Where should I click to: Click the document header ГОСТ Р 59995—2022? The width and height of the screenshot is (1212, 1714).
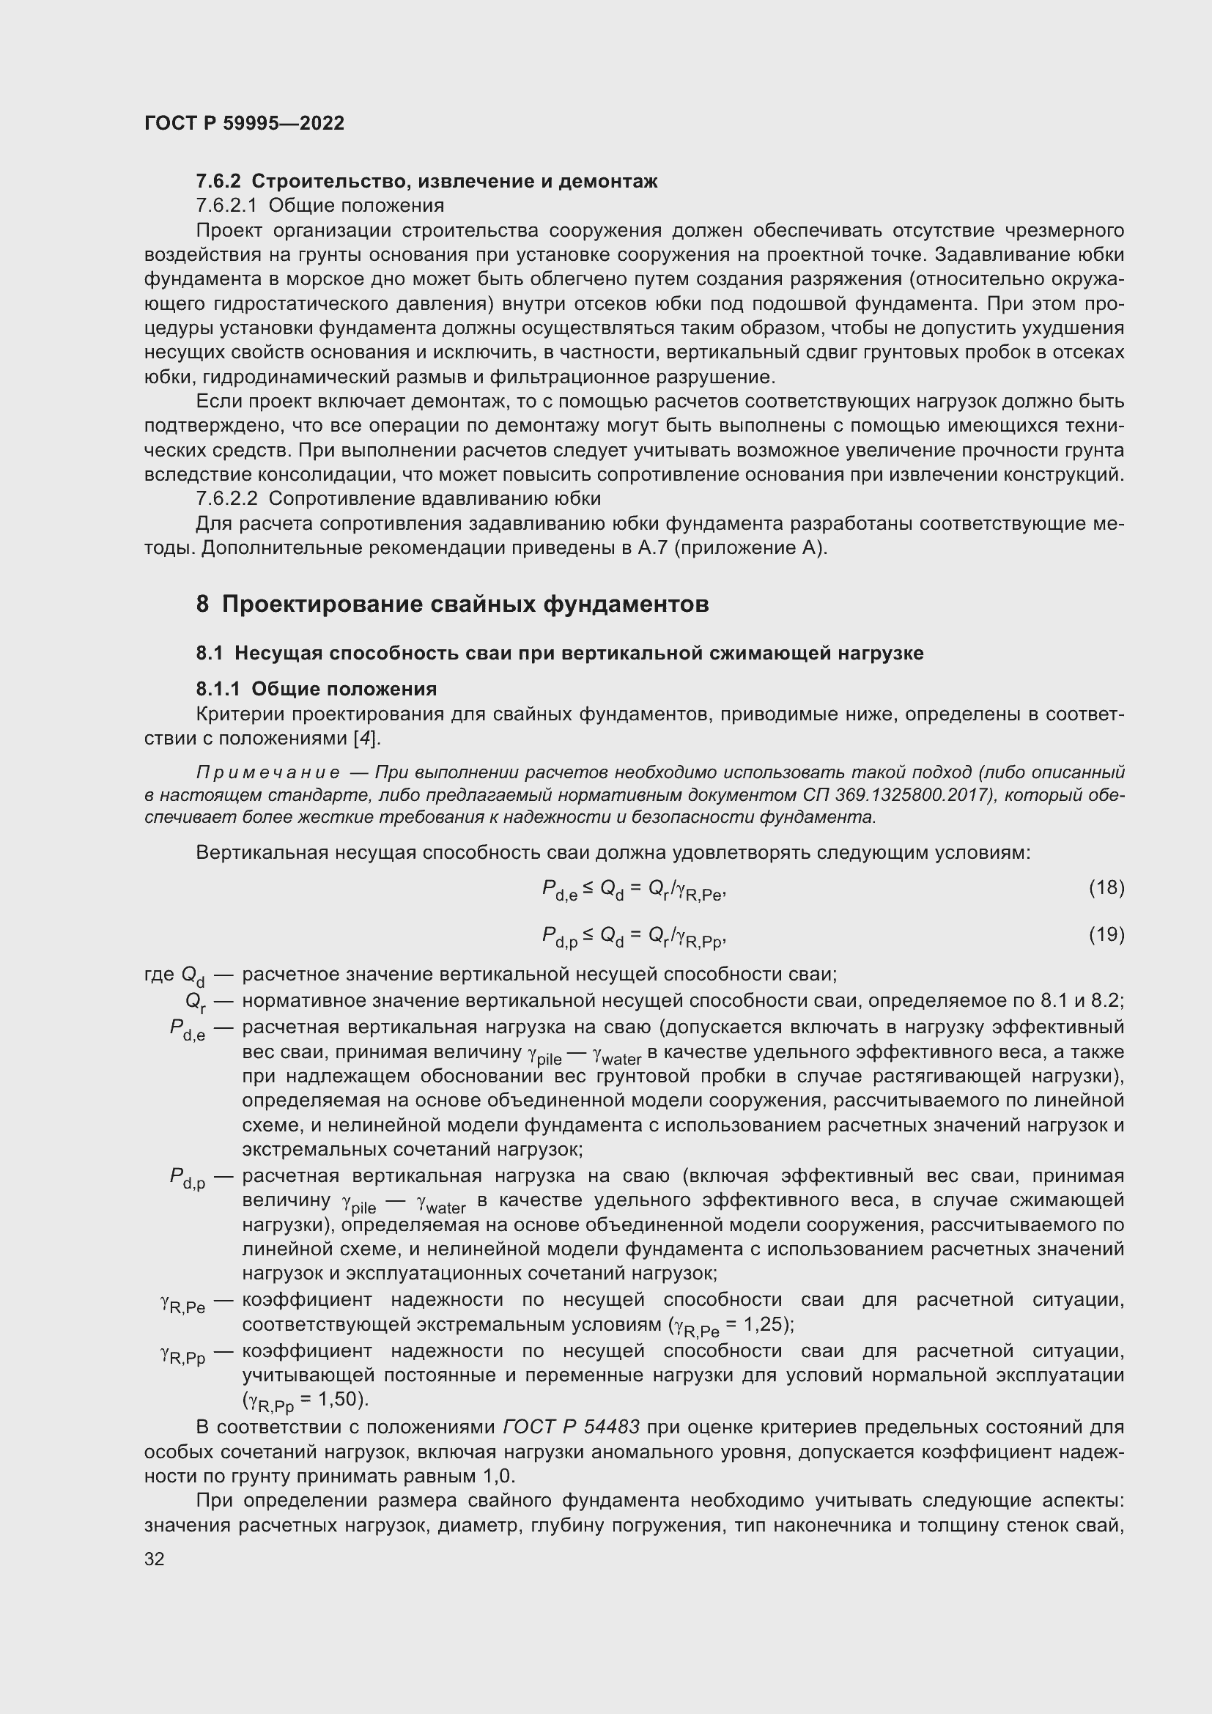[244, 123]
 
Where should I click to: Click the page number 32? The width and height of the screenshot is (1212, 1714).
[155, 1559]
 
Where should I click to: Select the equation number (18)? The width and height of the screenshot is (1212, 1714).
[1106, 887]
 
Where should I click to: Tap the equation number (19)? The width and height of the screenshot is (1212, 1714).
[1106, 934]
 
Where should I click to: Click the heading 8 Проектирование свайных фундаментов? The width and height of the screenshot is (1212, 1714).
[452, 604]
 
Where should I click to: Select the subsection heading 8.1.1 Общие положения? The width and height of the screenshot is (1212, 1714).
[317, 688]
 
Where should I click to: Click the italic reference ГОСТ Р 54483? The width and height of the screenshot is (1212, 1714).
[571, 1427]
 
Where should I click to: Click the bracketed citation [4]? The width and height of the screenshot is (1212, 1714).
[366, 739]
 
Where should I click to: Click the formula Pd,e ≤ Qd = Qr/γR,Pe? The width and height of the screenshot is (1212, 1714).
[634, 890]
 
